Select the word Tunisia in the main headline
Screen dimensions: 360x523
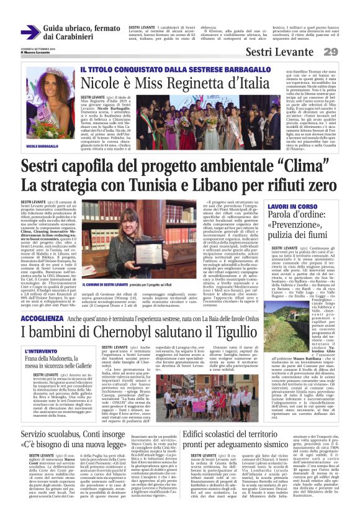coord(175,185)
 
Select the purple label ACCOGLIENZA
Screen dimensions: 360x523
coord(42,317)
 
